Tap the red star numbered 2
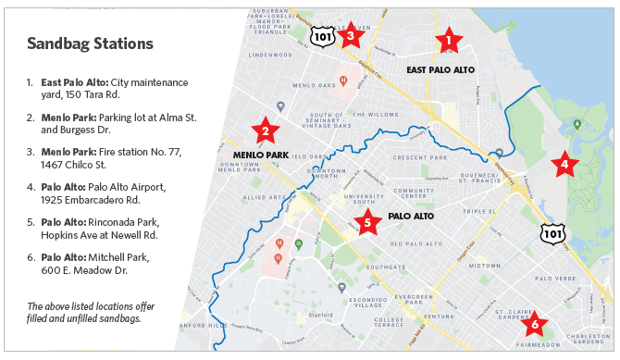[x=266, y=130]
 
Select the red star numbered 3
[x=350, y=36]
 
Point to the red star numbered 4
[x=564, y=166]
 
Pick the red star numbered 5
[x=367, y=222]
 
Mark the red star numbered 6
[x=533, y=325]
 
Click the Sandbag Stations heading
[x=90, y=43]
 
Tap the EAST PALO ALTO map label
[x=440, y=69]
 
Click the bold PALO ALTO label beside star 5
[x=411, y=217]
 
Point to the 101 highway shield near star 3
[x=321, y=35]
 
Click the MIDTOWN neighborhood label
[x=483, y=266]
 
